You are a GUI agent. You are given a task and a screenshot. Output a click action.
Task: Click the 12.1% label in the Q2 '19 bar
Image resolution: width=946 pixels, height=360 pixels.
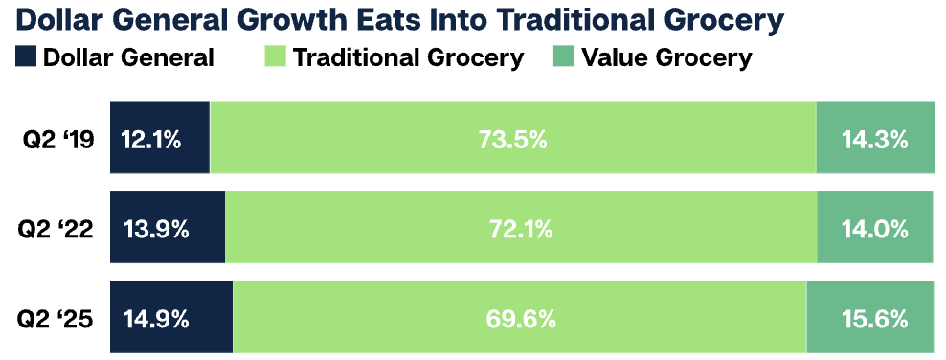point(151,140)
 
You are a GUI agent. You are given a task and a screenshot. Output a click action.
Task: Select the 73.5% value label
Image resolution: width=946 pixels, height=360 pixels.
point(512,140)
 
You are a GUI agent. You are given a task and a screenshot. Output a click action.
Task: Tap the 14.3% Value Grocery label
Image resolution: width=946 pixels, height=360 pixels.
point(874,140)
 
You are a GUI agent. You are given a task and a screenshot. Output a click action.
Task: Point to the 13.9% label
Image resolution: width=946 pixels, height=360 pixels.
point(155,229)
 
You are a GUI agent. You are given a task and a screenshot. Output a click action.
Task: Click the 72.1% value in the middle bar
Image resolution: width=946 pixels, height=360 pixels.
point(521,229)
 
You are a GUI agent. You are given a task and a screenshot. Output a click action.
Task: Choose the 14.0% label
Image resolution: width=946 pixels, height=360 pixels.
point(874,229)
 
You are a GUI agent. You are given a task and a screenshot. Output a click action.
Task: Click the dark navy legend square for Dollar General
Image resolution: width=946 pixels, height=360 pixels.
point(26,57)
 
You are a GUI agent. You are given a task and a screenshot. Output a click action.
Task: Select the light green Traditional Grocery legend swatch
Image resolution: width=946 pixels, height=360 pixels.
point(274,57)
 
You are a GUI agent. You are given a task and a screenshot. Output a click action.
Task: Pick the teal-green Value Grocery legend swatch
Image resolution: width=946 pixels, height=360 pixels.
point(562,57)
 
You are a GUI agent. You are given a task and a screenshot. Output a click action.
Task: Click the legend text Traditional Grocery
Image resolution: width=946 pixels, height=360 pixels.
point(408,57)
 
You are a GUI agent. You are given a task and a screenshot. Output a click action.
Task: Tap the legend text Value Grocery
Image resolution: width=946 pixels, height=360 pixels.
point(665,57)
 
